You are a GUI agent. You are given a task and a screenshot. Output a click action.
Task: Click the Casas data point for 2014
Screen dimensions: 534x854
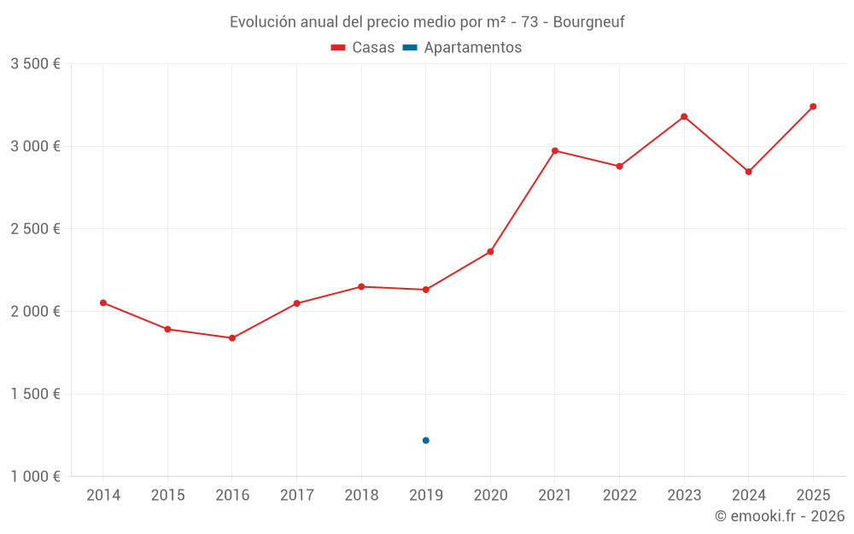103,302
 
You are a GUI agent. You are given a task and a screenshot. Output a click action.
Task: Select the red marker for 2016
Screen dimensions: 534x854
232,338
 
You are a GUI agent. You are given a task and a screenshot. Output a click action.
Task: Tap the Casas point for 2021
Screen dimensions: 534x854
555,150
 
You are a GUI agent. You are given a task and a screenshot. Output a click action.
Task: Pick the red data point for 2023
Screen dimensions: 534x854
684,116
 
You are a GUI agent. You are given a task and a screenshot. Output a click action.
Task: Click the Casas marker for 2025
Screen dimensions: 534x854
813,107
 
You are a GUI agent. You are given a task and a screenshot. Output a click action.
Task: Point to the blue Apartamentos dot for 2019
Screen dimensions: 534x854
426,440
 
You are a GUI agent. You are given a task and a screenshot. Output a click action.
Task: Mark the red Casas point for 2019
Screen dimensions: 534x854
426,290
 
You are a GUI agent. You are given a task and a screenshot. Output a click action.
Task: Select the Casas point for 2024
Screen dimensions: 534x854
749,172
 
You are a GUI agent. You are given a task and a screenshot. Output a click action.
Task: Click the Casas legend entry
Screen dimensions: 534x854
363,48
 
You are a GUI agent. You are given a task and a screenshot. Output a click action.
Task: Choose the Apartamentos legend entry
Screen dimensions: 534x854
462,48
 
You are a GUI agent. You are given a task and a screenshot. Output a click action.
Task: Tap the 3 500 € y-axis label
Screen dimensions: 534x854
35,64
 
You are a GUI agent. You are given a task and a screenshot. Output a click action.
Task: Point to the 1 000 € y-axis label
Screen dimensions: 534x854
35,477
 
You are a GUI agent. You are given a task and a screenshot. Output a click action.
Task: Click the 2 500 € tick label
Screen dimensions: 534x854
35,229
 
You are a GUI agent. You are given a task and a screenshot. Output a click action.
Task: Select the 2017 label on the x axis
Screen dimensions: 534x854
296,496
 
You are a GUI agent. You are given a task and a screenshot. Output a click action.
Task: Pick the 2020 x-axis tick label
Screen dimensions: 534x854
490,496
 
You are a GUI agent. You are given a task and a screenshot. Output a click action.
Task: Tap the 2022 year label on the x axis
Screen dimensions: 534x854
619,496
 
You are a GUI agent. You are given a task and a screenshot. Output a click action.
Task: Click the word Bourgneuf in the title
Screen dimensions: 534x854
588,22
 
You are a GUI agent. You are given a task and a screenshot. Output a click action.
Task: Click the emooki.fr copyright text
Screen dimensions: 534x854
780,516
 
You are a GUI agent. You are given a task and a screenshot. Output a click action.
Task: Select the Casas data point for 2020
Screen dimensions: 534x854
490,252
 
